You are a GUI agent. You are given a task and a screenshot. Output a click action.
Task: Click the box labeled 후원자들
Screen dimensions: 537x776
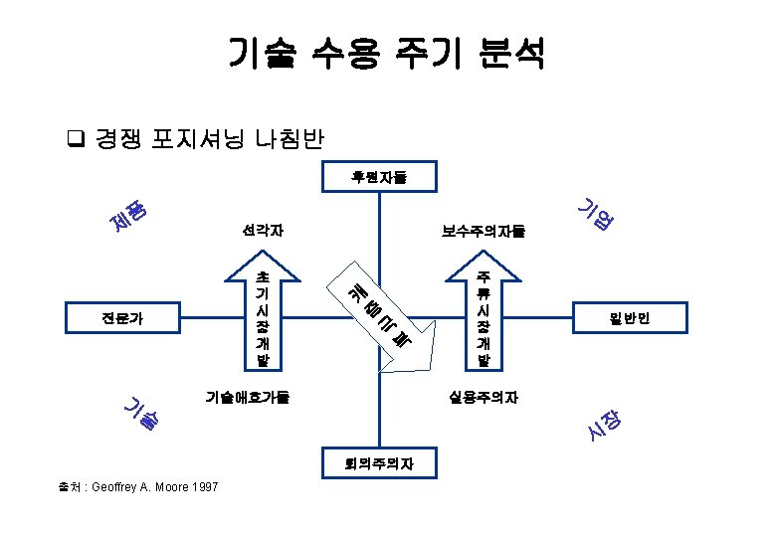[378, 178]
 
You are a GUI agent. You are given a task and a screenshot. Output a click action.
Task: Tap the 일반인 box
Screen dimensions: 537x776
[628, 319]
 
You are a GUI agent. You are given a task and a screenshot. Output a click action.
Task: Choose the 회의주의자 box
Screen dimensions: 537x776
[378, 462]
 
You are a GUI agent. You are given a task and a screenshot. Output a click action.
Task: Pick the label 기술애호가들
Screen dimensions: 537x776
[248, 397]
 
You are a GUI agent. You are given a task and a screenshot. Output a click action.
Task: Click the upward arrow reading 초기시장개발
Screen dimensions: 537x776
[262, 308]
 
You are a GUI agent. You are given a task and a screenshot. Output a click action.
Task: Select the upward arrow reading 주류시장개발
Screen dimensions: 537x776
[484, 308]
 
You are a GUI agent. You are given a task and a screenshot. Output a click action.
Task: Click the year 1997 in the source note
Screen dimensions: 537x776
[205, 486]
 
